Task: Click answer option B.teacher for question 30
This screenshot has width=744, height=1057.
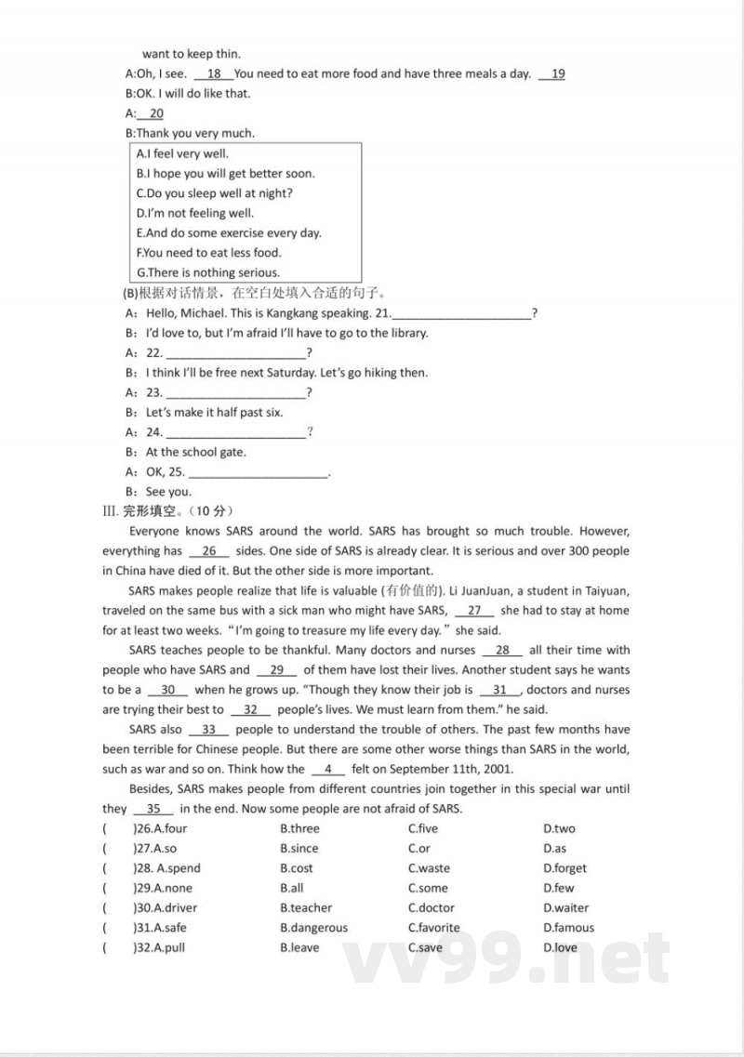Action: click(x=305, y=908)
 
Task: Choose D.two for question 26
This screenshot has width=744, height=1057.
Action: click(x=559, y=829)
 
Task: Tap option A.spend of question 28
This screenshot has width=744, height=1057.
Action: click(x=177, y=868)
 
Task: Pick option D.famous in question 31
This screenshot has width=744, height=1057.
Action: click(x=568, y=928)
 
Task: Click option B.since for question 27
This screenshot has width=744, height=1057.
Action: click(x=299, y=849)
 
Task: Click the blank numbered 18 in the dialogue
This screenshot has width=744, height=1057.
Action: click(x=213, y=74)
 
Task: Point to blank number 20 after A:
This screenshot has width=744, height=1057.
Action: click(x=154, y=113)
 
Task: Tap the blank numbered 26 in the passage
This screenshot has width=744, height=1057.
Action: click(x=208, y=551)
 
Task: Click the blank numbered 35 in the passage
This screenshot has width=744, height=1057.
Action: click(x=153, y=809)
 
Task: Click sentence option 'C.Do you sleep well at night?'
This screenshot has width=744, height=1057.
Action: click(x=214, y=193)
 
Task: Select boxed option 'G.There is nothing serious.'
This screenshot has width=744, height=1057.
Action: click(x=207, y=272)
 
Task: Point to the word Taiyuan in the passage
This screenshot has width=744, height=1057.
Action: click(x=604, y=591)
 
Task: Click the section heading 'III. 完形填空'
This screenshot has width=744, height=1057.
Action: click(x=167, y=510)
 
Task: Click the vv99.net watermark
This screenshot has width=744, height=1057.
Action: click(x=507, y=958)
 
